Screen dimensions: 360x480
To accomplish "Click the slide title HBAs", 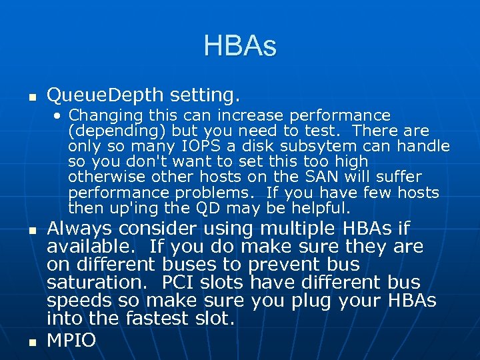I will (239, 47).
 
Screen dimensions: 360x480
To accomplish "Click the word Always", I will (79, 229).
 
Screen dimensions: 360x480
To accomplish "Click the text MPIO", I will (71, 340).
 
